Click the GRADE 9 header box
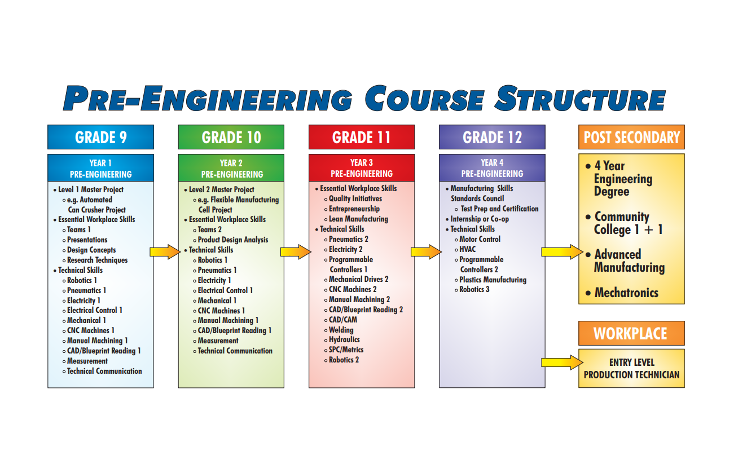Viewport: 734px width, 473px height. point(100,137)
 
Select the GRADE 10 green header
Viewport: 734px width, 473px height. point(231,137)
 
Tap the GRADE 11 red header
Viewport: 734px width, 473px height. point(362,137)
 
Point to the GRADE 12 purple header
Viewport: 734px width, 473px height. point(492,137)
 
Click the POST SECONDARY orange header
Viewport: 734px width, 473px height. point(631,137)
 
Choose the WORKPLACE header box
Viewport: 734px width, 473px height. point(631,333)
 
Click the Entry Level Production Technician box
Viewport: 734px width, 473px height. point(631,369)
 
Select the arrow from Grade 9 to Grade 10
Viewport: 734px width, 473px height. point(165,251)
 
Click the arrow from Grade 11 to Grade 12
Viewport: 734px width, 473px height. point(427,251)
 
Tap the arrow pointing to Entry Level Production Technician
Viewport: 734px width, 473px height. point(562,363)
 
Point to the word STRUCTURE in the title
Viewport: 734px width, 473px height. point(580,98)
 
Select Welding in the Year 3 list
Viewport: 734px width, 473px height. point(341,330)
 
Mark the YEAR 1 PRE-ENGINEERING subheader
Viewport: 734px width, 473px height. point(100,168)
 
